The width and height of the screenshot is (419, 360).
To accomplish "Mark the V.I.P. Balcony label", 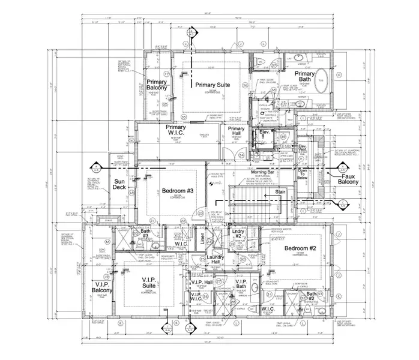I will (102, 287).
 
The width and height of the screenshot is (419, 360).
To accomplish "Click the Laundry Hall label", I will (216, 261).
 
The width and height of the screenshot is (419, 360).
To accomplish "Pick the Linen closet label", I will (202, 239).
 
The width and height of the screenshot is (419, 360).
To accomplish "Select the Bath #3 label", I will (145, 233).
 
